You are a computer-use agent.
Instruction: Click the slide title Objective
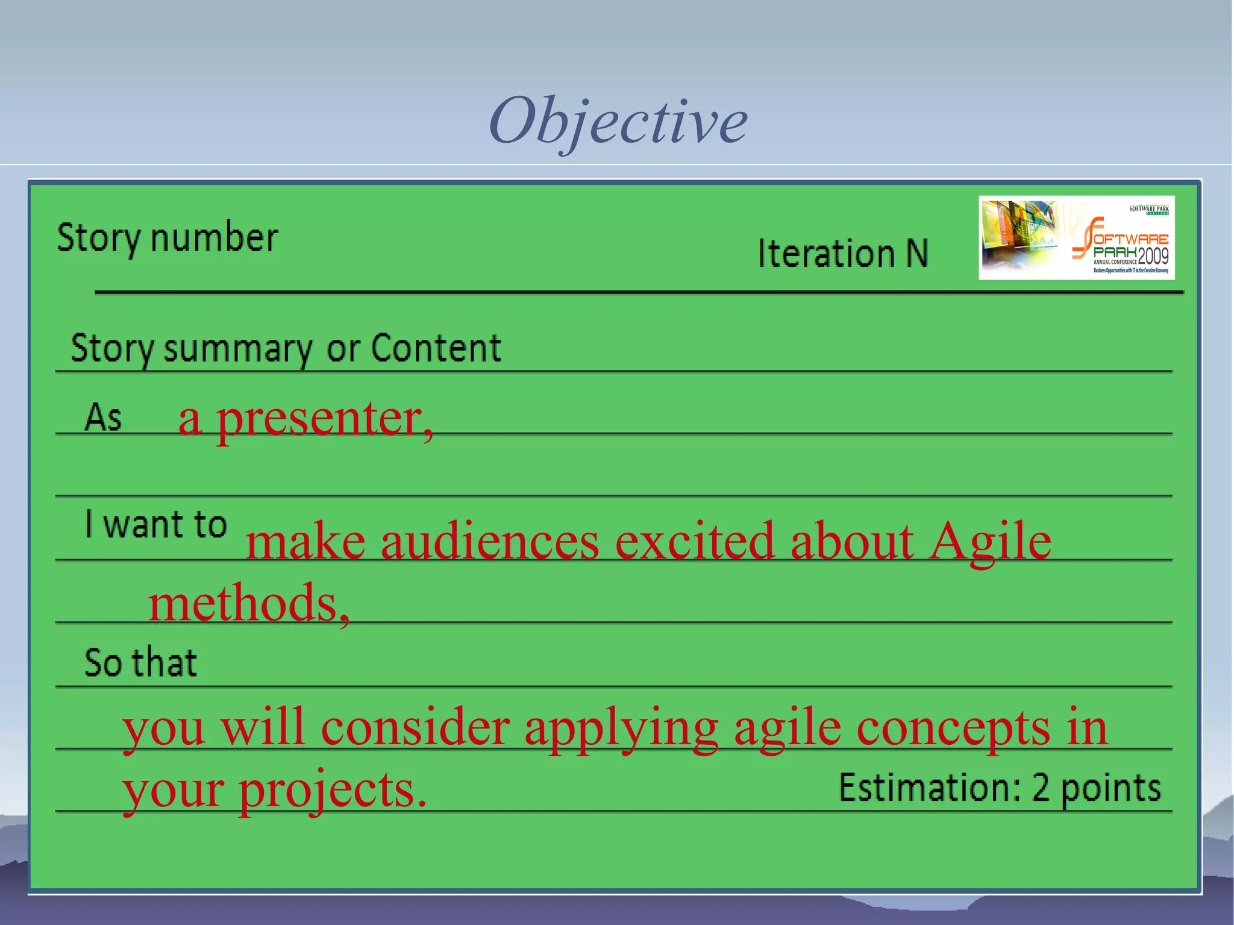[x=618, y=121]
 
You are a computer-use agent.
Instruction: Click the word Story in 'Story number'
[x=98, y=238]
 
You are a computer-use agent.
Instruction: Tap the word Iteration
[x=826, y=253]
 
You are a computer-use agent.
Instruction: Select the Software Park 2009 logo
[x=1076, y=238]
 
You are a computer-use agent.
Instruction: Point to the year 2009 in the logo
[x=1153, y=256]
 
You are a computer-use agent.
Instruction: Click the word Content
[x=436, y=348]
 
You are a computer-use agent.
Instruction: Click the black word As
[x=103, y=417]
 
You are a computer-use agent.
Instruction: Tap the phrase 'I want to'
[x=155, y=524]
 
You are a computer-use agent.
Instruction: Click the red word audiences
[x=490, y=541]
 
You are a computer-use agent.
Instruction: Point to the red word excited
[x=694, y=541]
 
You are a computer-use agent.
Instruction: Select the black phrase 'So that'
[x=140, y=663]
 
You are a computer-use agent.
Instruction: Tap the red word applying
[x=621, y=728]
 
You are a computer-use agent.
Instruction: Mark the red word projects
[x=332, y=790]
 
